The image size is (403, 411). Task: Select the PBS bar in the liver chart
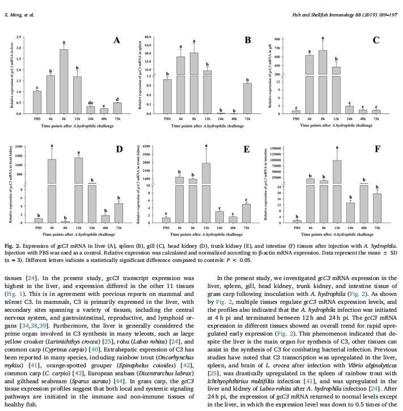37,102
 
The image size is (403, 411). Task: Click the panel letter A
116,40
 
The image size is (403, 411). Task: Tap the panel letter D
119,150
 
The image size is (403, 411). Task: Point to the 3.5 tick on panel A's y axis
20,37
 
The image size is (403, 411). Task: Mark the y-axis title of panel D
11,185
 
